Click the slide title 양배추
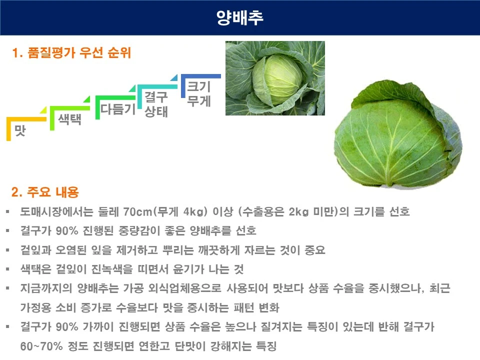[x=240, y=18]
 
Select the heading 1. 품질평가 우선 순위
[x=71, y=53]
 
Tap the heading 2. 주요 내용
[x=45, y=192]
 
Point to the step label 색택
[x=69, y=119]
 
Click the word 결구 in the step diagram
[x=156, y=96]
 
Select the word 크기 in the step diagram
[x=198, y=86]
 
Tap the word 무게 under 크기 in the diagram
[x=198, y=101]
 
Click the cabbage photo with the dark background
[x=275, y=78]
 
